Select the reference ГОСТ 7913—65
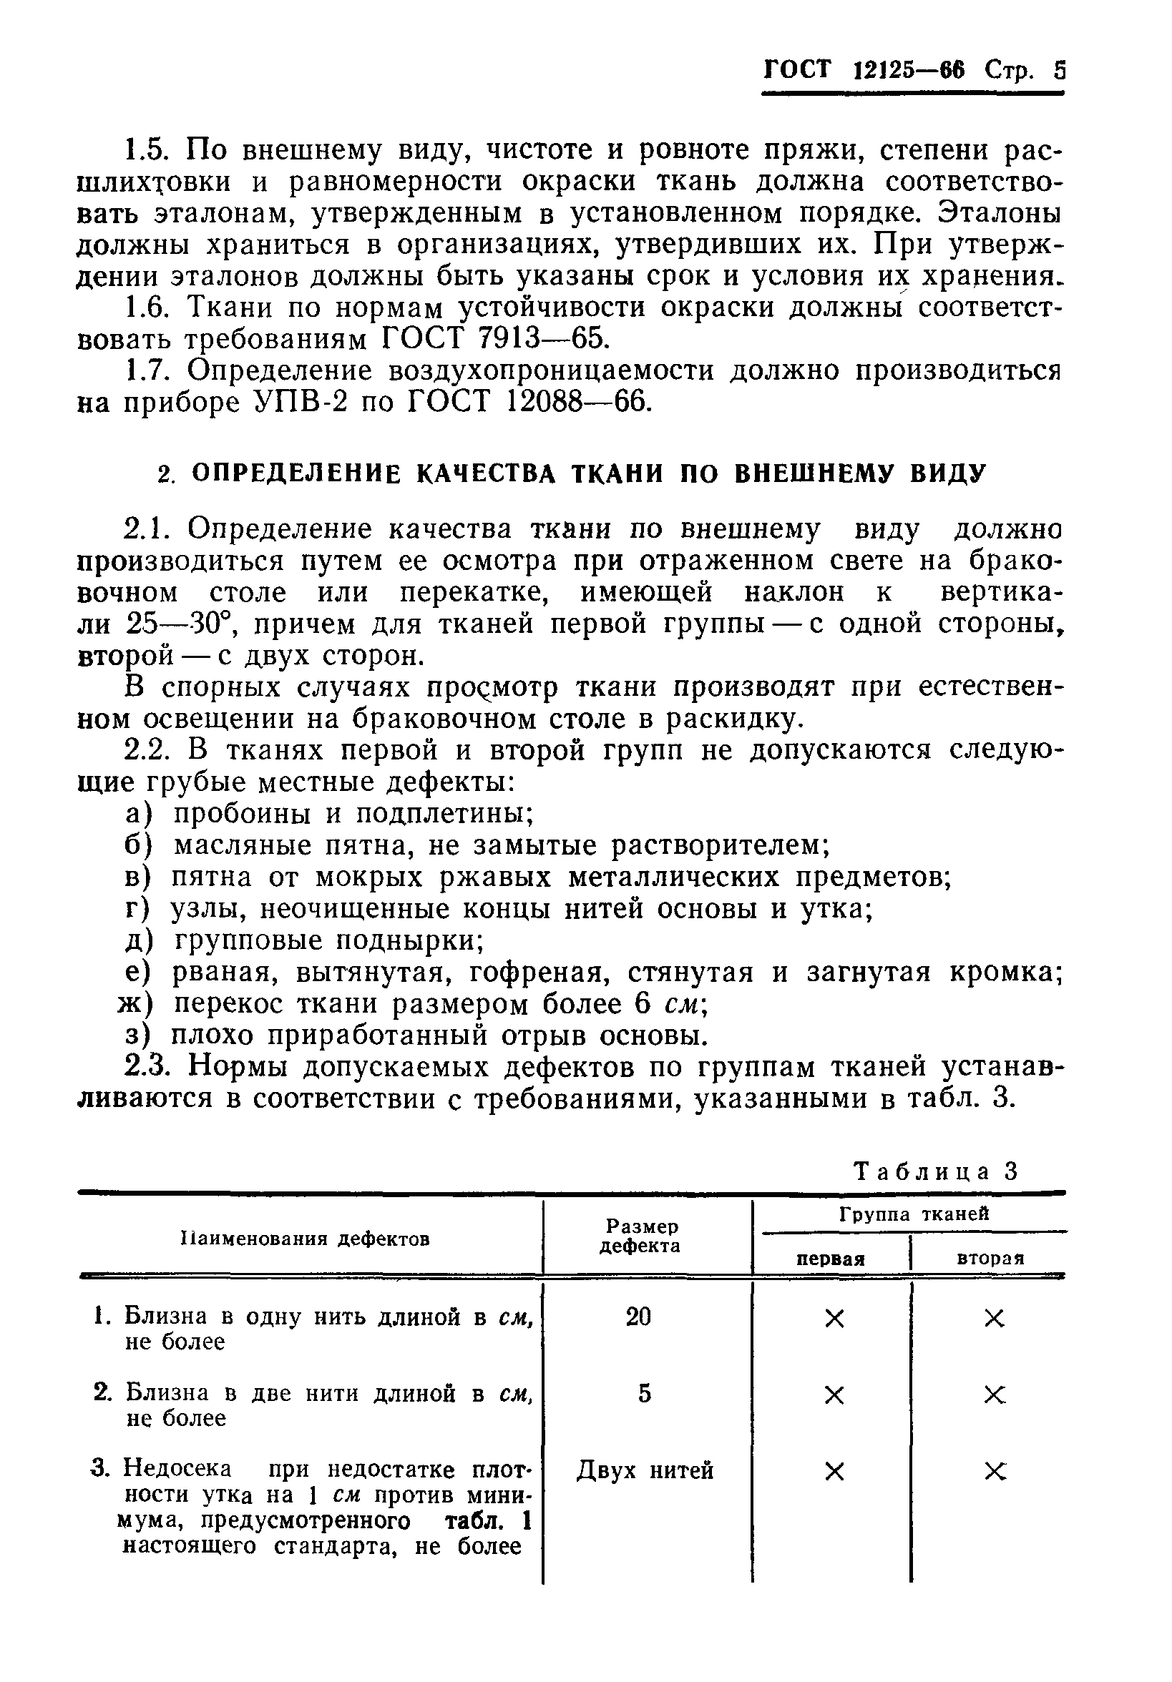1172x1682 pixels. tap(495, 339)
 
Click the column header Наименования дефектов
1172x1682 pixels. tap(305, 1239)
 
